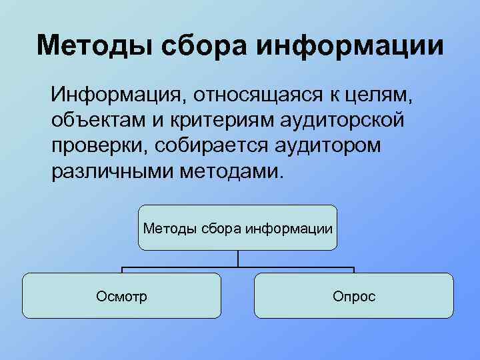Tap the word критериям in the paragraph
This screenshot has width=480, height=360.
[205, 122]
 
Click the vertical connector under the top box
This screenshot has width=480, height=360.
[238, 259]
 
